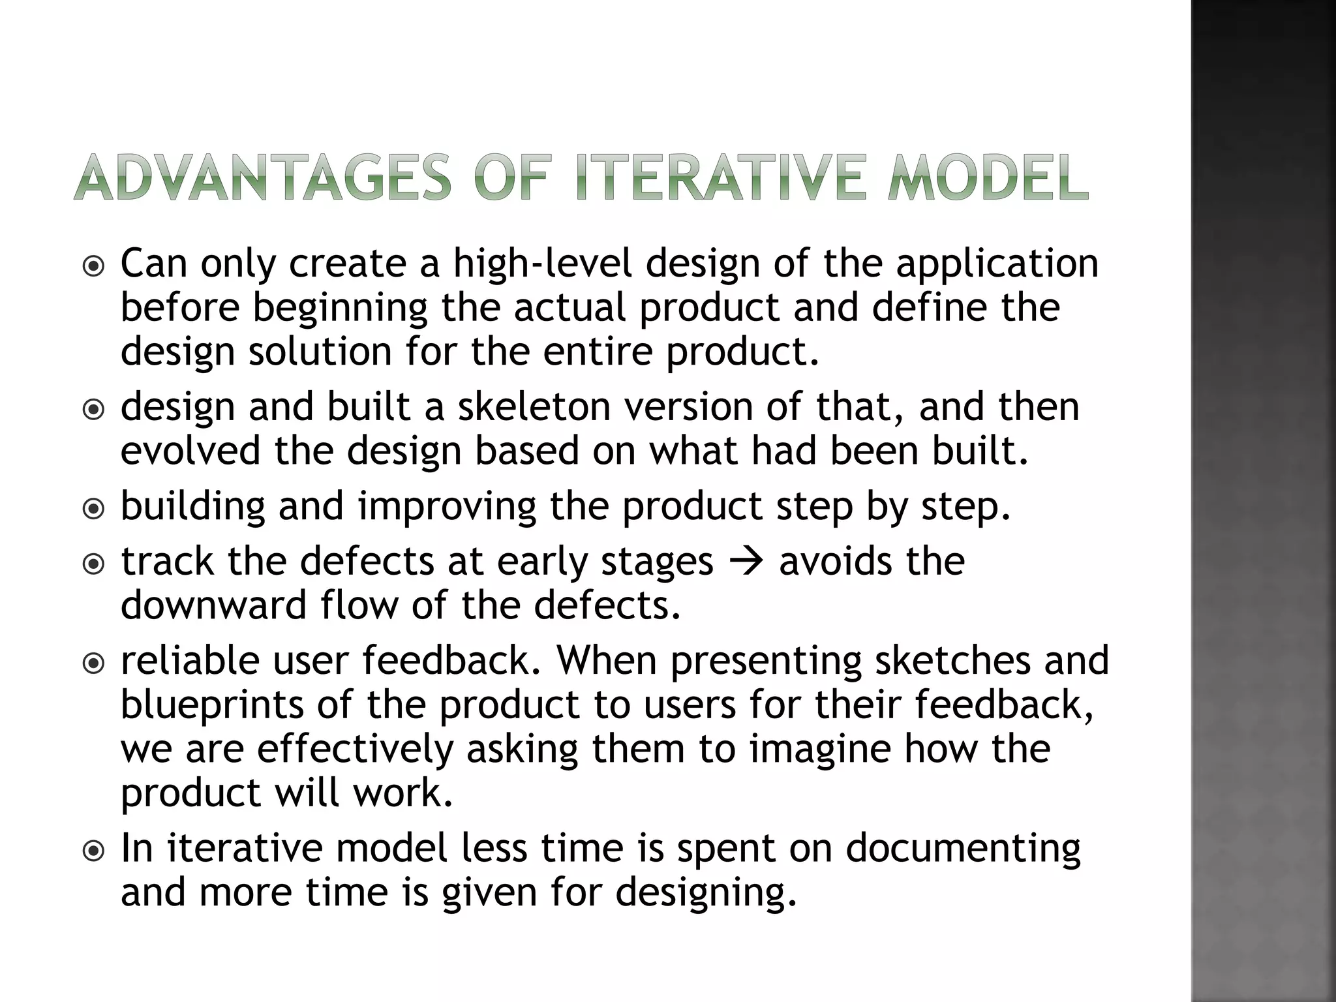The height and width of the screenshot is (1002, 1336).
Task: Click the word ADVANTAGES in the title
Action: pos(262,177)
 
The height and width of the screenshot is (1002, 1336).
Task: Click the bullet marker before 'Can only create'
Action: pos(95,266)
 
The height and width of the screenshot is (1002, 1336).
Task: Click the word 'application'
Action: pos(997,265)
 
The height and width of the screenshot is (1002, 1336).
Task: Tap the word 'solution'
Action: pos(320,352)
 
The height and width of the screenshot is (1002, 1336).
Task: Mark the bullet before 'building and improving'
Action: pos(95,508)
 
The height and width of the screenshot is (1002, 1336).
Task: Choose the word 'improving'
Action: pos(447,507)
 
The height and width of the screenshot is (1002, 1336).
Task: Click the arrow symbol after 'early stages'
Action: pos(746,562)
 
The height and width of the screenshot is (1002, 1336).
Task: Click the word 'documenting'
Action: pos(964,849)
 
